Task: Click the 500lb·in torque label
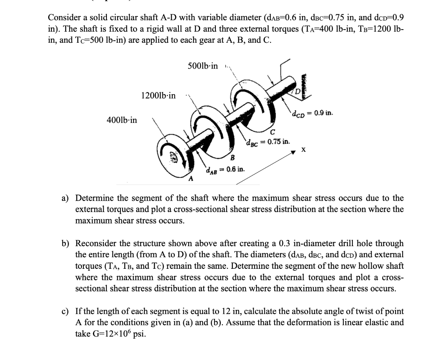(x=203, y=66)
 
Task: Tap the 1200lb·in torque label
(x=158, y=96)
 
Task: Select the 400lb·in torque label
(x=122, y=120)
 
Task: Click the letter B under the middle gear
(x=232, y=158)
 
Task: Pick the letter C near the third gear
(x=273, y=132)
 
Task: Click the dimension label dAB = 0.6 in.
(x=226, y=169)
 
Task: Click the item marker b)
(x=65, y=244)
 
